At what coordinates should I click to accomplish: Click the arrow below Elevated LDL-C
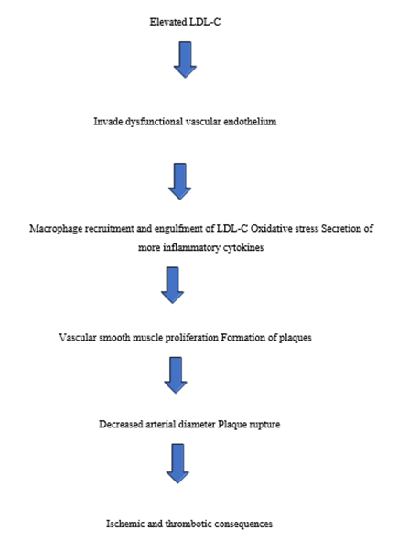(x=185, y=60)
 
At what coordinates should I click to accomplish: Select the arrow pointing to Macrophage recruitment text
(x=179, y=181)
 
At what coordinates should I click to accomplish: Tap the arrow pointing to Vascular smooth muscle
(x=172, y=285)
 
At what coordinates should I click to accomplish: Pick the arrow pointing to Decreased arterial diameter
(x=176, y=375)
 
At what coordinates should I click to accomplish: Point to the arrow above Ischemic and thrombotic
(x=177, y=464)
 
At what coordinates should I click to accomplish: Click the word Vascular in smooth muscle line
(x=78, y=337)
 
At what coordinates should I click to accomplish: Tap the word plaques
(x=296, y=338)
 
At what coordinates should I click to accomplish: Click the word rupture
(x=264, y=425)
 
